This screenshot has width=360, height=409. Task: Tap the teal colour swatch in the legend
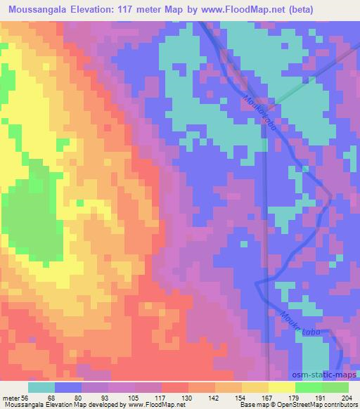point(41,387)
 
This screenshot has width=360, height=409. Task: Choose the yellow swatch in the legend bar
point(282,387)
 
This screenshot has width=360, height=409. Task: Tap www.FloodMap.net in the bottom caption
point(151,405)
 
